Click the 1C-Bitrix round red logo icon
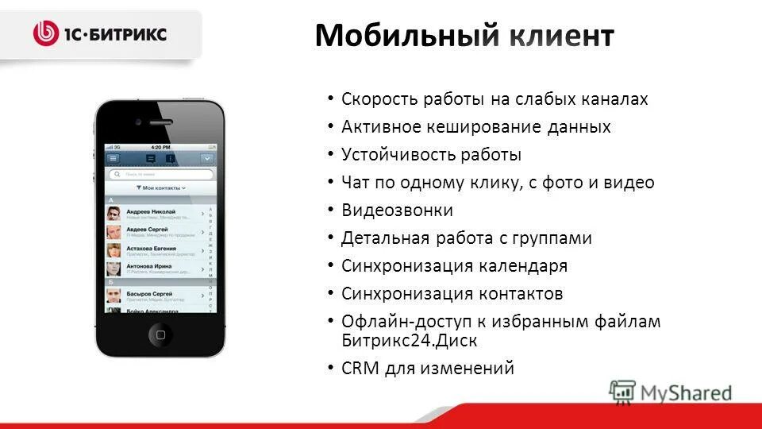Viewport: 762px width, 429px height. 47,33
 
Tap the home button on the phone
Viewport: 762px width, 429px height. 160,334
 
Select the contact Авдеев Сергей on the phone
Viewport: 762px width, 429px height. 146,230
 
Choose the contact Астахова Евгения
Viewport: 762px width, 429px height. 154,249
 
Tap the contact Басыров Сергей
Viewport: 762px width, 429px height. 148,293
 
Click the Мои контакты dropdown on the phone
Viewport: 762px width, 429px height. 160,188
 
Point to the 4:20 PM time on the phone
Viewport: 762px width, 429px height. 160,148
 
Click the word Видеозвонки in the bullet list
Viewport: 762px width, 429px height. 397,211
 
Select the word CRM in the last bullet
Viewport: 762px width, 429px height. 361,369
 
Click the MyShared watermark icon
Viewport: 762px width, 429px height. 623,391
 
